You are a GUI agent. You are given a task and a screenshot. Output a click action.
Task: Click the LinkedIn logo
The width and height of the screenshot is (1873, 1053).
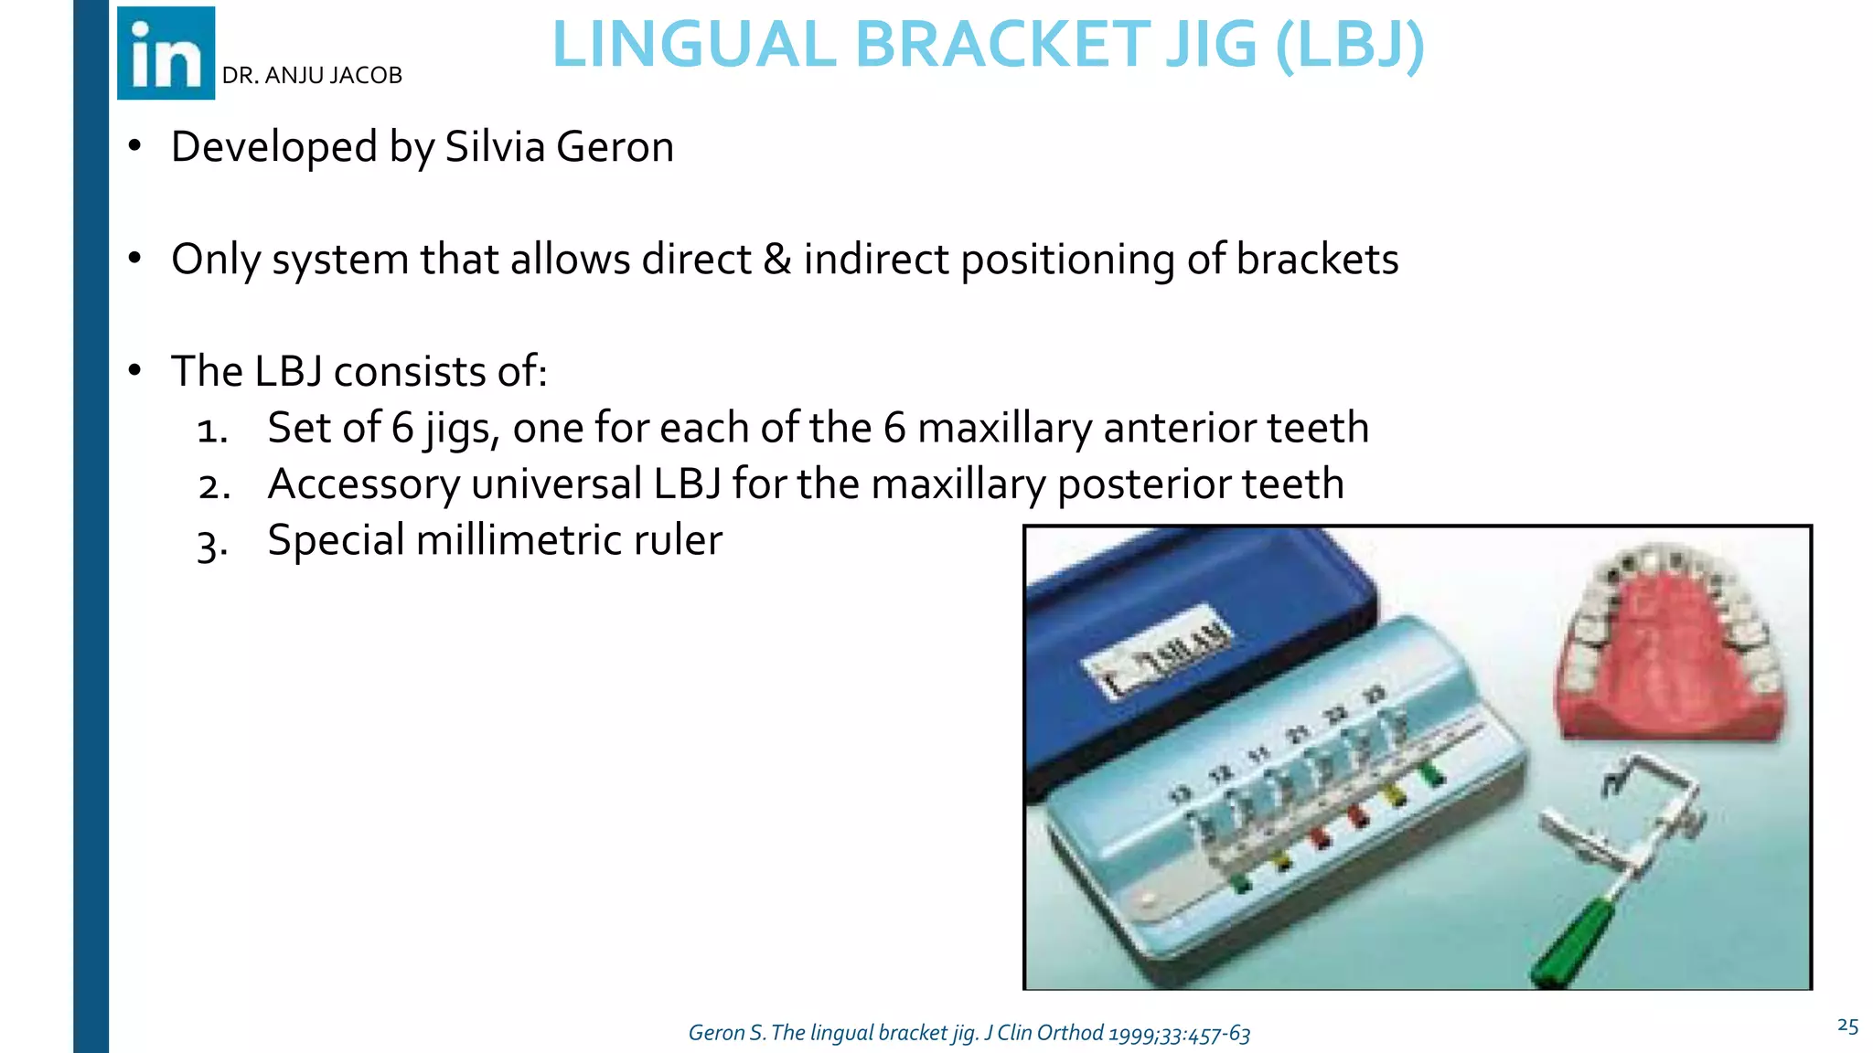point(166,53)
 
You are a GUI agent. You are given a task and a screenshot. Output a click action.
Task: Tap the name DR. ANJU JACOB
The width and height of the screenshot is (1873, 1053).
point(312,76)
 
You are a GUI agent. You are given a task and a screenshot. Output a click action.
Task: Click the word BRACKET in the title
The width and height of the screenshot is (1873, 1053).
point(1002,45)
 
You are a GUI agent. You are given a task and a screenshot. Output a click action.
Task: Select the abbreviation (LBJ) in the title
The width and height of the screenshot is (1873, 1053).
point(1349,45)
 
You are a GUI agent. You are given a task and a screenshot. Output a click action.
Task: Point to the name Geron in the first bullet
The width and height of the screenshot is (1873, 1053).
point(615,147)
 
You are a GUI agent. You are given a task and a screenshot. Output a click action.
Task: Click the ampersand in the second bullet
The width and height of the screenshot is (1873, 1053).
point(776,260)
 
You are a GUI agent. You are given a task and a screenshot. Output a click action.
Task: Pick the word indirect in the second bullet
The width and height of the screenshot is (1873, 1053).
point(875,260)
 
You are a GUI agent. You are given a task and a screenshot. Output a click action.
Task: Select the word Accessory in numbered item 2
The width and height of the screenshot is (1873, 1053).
point(363,484)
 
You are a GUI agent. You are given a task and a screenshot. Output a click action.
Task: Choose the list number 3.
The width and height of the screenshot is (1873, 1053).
point(211,545)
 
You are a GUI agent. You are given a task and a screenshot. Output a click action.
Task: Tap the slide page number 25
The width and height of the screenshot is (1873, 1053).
point(1846,1026)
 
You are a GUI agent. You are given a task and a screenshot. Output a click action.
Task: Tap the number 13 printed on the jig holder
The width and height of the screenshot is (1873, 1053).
point(1180,794)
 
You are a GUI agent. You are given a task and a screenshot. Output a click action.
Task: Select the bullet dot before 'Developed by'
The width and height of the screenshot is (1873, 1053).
point(135,146)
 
